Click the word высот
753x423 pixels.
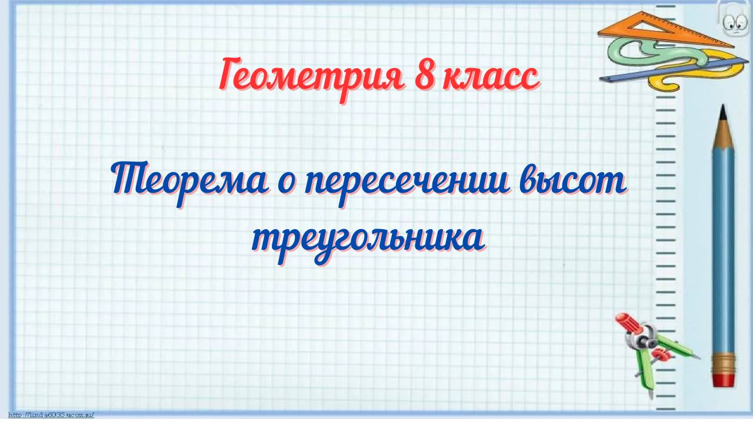click(574, 182)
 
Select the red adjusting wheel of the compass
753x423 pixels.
click(661, 354)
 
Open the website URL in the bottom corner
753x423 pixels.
click(52, 415)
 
